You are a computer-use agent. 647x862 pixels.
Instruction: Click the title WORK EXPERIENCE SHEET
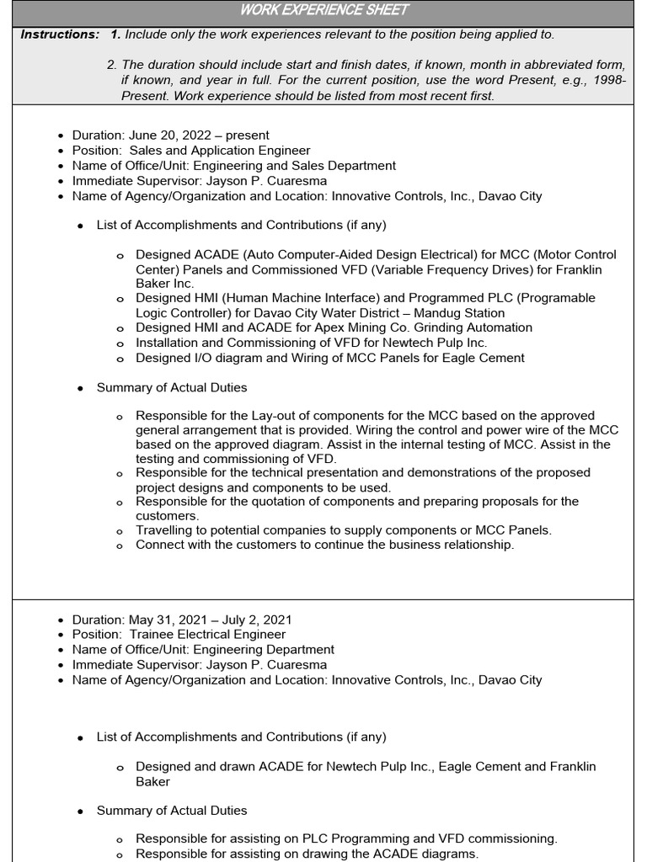pos(324,10)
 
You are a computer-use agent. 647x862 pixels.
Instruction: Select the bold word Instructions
pos(59,35)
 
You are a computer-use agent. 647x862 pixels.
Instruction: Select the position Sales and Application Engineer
pos(221,151)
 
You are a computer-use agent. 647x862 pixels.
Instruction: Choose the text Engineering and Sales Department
pos(294,166)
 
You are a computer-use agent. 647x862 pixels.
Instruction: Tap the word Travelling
pos(166,530)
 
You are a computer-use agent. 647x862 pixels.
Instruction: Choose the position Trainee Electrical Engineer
pos(207,635)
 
